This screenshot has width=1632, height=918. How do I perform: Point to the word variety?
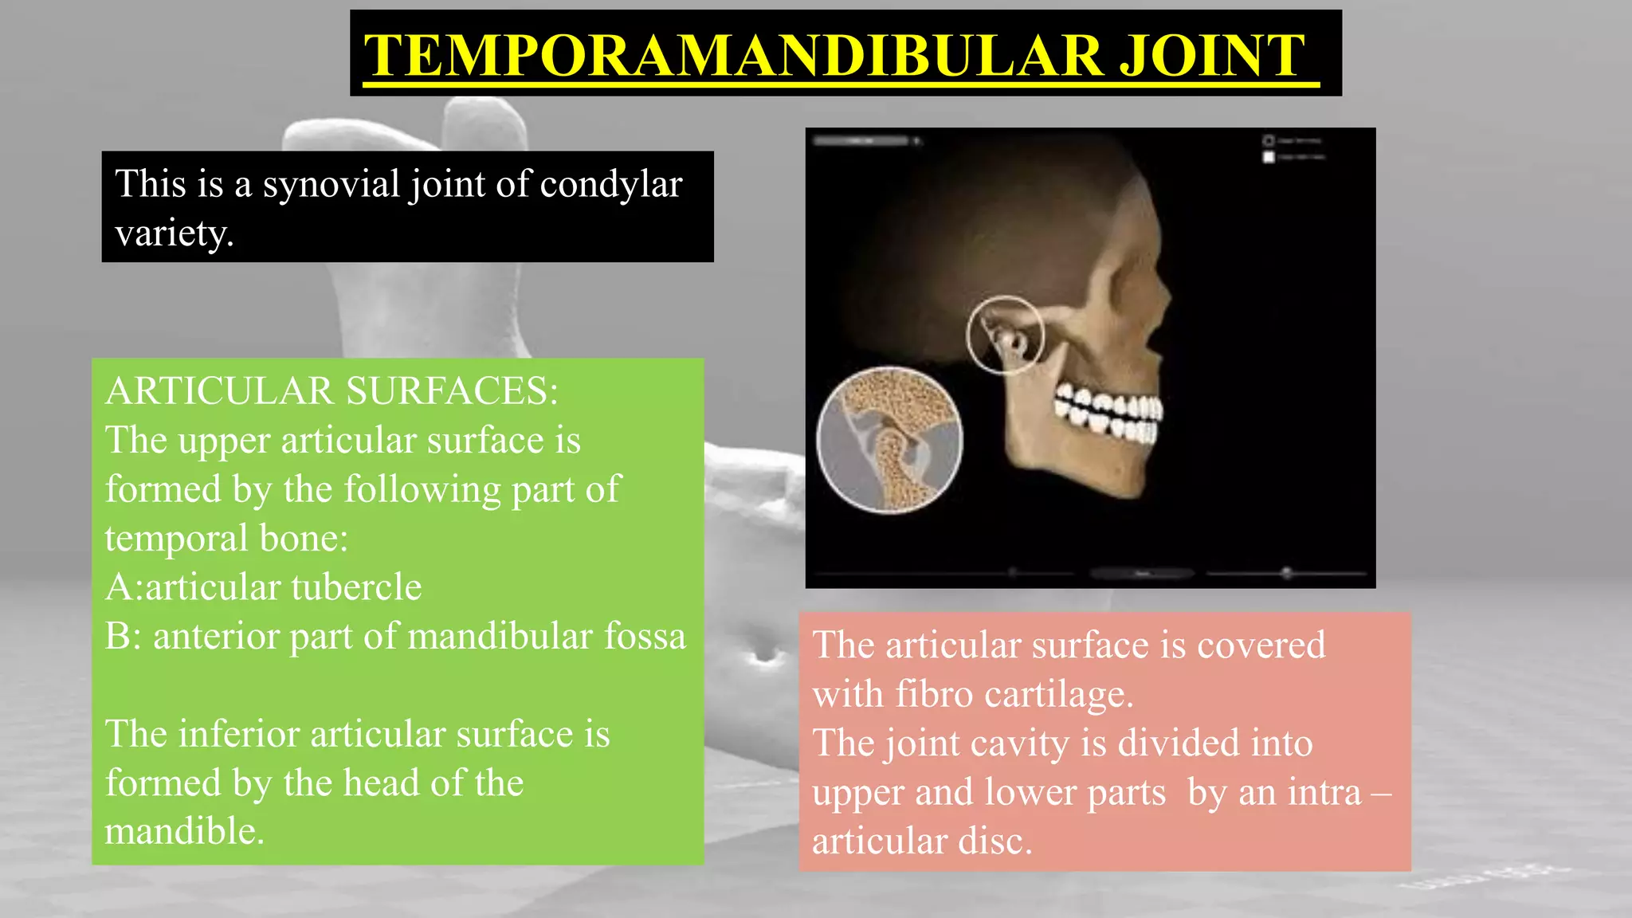pos(174,233)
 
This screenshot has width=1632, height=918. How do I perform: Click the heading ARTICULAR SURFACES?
pos(331,391)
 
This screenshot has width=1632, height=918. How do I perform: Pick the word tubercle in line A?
pos(356,587)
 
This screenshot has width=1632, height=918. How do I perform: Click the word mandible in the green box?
pos(183,831)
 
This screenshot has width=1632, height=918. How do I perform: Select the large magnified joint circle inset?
pos(889,440)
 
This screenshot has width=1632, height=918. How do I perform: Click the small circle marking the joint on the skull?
pos(1005,335)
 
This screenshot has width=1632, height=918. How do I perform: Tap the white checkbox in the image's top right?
pos(1269,157)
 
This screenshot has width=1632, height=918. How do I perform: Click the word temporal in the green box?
pos(166,539)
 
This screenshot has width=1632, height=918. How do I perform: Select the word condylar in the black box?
pos(611,185)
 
